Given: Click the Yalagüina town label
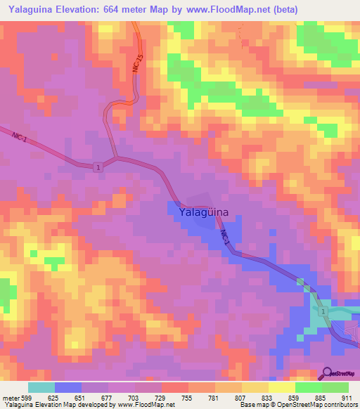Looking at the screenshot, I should coord(204,211).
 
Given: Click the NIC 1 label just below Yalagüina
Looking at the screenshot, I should coord(224,237).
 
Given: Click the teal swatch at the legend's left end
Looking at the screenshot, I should coord(41,387).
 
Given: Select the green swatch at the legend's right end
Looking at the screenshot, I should coord(335,387).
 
